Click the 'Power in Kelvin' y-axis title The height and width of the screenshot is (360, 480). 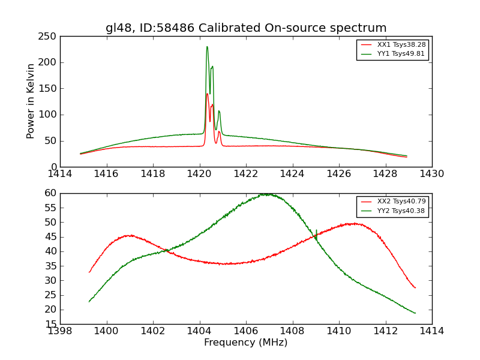click(31, 101)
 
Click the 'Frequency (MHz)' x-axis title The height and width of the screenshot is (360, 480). click(245, 343)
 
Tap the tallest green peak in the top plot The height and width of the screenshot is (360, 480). click(207, 47)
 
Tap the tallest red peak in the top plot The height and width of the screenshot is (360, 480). click(207, 94)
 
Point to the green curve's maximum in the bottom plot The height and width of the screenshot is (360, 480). click(265, 194)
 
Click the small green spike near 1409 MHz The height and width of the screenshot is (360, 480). click(316, 230)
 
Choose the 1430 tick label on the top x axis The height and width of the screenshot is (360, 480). click(431, 173)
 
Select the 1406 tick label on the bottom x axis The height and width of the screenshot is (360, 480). click(246, 331)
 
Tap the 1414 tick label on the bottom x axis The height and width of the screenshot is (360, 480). click(431, 331)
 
